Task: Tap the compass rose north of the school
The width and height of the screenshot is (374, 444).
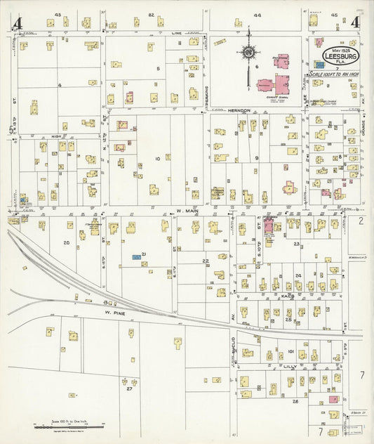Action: [x=249, y=52]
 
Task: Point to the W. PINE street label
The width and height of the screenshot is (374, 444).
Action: [x=114, y=311]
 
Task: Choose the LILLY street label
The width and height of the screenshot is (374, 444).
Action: [x=289, y=366]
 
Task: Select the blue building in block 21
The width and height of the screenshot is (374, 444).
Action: [x=135, y=258]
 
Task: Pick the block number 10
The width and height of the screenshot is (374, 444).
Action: [x=157, y=159]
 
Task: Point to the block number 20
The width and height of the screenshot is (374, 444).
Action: [x=66, y=242]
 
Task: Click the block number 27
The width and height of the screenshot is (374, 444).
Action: [x=130, y=387]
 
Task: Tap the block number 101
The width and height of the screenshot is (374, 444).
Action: [x=290, y=350]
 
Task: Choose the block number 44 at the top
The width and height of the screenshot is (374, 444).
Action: [x=258, y=14]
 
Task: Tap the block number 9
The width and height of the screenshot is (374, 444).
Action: [x=257, y=158]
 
